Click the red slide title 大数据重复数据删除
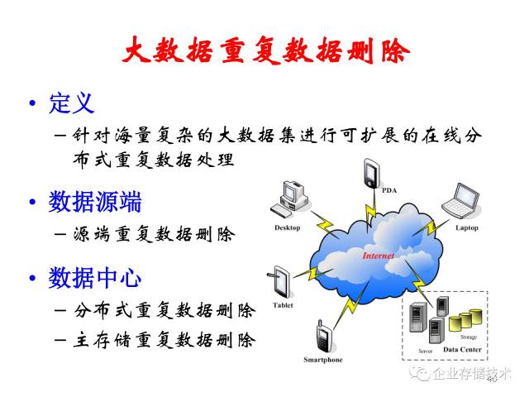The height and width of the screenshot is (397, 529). [266, 50]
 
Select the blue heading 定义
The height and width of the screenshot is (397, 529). [72, 103]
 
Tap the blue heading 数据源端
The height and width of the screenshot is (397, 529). [95, 202]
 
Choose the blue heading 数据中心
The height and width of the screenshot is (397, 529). [95, 278]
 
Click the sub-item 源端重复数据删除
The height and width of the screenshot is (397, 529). [154, 234]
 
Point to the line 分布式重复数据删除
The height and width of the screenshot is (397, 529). [164, 310]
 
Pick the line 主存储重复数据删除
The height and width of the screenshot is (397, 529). [164, 340]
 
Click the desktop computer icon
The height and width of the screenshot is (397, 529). [289, 199]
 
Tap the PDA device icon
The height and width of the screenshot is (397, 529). [371, 173]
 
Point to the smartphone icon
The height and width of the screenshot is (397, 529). [324, 337]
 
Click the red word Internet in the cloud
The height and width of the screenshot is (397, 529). [379, 256]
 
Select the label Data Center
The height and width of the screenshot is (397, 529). [462, 349]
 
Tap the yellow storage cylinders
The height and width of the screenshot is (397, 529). [465, 319]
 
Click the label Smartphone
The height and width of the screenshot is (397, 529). [323, 360]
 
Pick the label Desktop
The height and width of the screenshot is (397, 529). [287, 228]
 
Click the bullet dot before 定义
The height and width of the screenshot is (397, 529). [32, 103]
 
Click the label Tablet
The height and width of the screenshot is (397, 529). [283, 305]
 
